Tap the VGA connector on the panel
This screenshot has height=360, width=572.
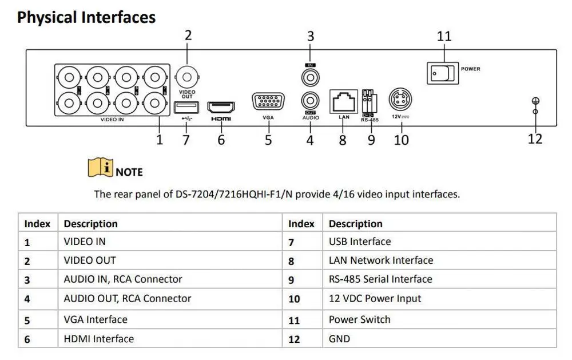click(x=268, y=102)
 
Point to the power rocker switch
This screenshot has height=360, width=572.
click(x=442, y=72)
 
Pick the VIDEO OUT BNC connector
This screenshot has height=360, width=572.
click(x=187, y=76)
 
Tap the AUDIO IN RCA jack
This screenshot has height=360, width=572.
click(x=310, y=76)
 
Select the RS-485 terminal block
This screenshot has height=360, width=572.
click(x=370, y=102)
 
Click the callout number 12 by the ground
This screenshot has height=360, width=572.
click(x=535, y=139)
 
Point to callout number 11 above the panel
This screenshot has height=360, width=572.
click(x=444, y=36)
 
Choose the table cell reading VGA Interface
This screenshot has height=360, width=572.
click(x=96, y=319)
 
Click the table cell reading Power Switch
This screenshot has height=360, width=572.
click(x=359, y=319)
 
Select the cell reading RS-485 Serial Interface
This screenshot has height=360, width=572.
click(x=380, y=279)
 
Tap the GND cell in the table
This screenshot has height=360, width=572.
click(x=339, y=338)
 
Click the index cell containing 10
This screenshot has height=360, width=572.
click(x=294, y=299)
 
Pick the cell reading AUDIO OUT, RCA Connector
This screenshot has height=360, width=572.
click(x=128, y=298)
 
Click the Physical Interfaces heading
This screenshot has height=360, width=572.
click(x=86, y=17)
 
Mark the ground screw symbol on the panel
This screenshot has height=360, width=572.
click(x=535, y=103)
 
